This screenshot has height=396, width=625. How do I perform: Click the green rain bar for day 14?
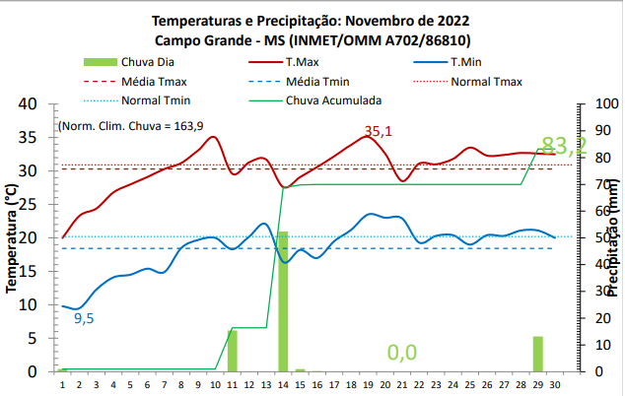(x=283, y=301)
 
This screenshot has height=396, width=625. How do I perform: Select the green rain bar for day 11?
(x=233, y=351)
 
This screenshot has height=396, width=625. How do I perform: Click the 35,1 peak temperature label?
(x=378, y=131)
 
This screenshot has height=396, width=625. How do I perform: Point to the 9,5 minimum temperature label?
(x=84, y=318)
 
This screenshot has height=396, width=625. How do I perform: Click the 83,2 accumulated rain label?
(x=564, y=146)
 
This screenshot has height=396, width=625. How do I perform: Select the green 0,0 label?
(x=402, y=353)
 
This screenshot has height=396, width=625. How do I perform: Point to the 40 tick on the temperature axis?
(x=28, y=103)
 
